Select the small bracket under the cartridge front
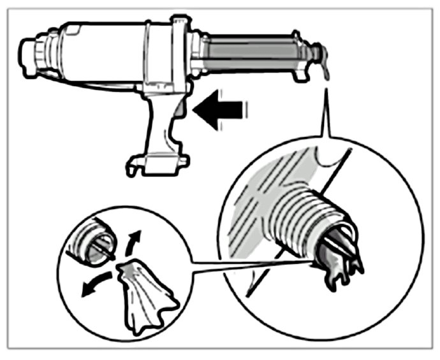click(x=298, y=75)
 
